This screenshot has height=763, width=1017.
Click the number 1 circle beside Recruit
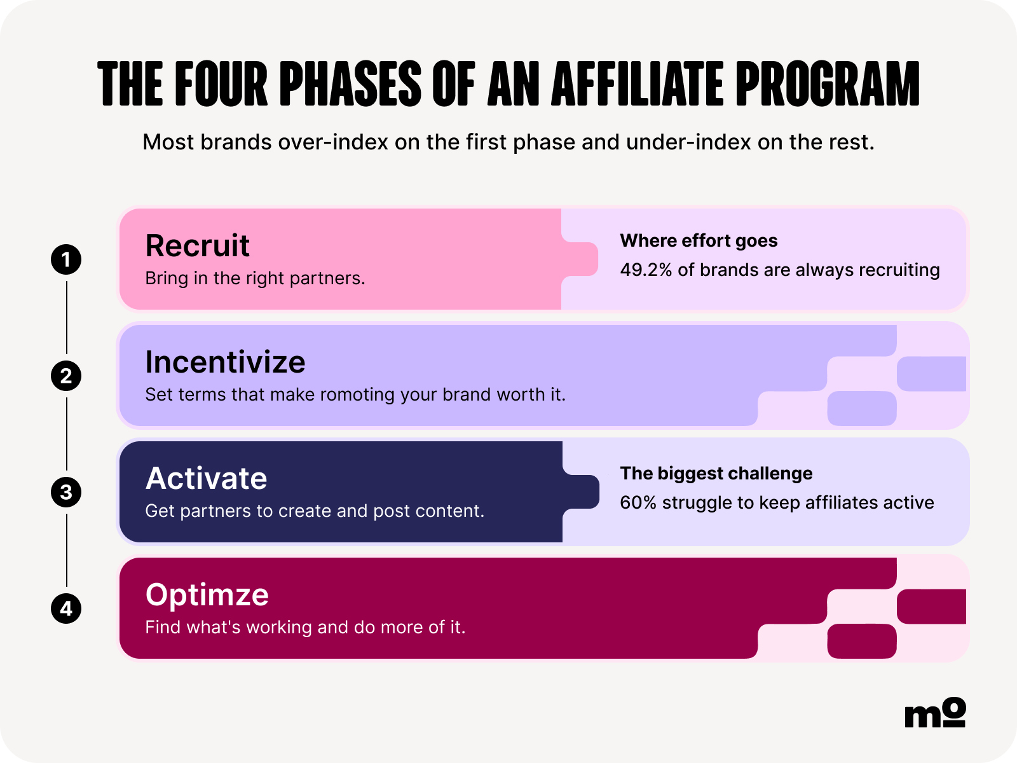tap(66, 259)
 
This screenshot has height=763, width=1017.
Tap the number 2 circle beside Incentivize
tap(66, 376)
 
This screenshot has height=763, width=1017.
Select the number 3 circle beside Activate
tap(66, 492)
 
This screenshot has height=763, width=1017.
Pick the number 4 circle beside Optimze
tap(66, 608)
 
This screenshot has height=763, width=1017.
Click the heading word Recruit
tap(198, 245)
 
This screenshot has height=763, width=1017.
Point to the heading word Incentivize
tap(225, 362)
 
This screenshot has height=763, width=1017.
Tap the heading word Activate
tap(206, 478)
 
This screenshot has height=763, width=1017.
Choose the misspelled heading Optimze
tap(207, 596)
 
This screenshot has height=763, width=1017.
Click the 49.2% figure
tap(646, 270)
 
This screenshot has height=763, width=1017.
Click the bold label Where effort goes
tap(699, 241)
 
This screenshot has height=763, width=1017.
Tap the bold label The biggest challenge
tap(716, 474)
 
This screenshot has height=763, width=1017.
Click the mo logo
tap(935, 712)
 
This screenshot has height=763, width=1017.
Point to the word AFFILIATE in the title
tap(637, 84)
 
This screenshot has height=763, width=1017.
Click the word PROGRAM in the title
tap(828, 84)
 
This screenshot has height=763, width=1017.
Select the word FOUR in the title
tap(221, 84)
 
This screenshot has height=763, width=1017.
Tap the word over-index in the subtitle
tap(332, 142)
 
